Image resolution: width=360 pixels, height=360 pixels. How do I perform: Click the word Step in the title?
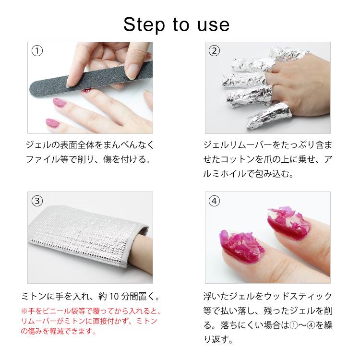pos(144,25)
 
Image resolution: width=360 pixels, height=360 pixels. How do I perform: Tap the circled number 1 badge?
pos(37,51)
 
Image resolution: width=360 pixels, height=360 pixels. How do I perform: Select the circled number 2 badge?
pos(214,51)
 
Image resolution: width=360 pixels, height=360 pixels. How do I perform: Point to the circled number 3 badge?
pos(37,201)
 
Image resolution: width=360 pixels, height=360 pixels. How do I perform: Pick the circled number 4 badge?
pos(214,201)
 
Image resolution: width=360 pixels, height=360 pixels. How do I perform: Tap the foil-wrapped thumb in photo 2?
pos(269,116)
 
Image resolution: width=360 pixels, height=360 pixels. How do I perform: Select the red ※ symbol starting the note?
pos(24,311)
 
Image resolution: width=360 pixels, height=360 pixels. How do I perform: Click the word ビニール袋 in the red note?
pos(60,311)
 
